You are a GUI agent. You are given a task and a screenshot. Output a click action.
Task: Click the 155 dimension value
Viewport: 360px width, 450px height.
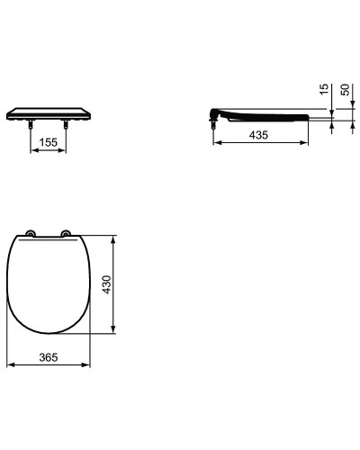49,141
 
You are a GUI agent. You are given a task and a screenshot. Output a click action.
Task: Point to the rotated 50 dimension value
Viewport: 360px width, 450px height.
345,91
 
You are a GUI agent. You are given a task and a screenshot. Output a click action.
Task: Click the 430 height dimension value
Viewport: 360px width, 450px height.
105,287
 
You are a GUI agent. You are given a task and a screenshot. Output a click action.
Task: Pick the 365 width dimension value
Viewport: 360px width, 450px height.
49,357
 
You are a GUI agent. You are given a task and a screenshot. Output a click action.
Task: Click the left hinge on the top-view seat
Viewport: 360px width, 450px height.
31,236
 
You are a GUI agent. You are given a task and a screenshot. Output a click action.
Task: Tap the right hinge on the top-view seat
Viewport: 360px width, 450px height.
66,236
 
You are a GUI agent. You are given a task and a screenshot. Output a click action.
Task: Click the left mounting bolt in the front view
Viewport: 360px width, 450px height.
32,127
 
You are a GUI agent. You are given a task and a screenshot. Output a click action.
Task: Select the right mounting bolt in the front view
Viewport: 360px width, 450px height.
66,127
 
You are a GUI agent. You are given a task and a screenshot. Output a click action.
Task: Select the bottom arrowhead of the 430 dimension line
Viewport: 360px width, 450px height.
113,333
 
